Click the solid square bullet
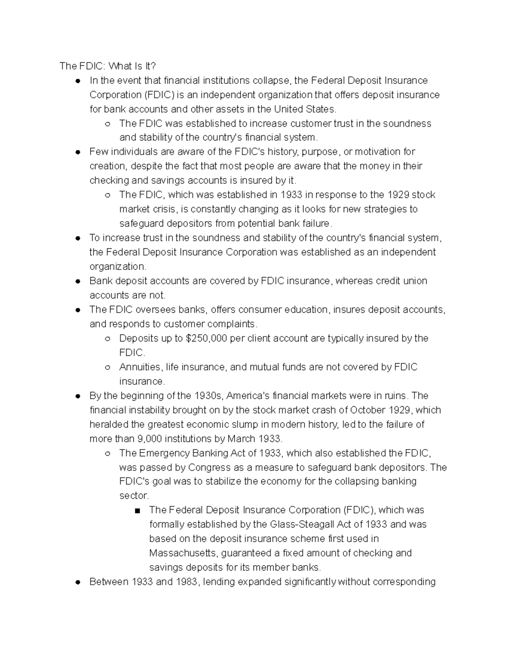tap(137, 511)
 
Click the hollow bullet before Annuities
tap(108, 368)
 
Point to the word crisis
tap(165, 209)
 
